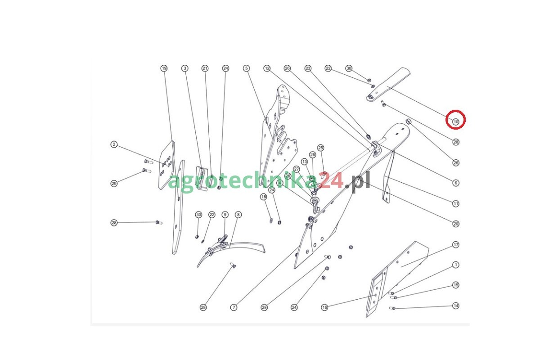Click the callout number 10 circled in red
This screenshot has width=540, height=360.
pos(455,122)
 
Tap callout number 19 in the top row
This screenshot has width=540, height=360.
pos(164,68)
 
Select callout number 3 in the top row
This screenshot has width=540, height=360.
pos(185,68)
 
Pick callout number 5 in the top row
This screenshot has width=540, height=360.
pos(247,68)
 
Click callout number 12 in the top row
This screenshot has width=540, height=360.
pos(267,68)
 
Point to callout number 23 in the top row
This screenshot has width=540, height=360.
pos(308,68)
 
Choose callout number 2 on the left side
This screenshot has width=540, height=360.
pos(114,144)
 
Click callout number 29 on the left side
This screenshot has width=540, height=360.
pos(114,184)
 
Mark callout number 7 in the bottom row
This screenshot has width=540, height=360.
pos(234,307)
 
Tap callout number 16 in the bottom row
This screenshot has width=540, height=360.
pos(325,307)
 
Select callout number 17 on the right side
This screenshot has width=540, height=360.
pos(455,245)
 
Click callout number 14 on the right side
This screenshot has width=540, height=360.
pos(455,306)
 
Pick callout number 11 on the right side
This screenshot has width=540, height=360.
pos(455,204)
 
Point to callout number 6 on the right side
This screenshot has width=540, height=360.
pos(455,183)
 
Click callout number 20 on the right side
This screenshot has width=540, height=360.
pos(455,224)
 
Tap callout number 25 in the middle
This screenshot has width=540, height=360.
pos(320,148)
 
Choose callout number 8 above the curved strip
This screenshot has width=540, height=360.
pos(238,215)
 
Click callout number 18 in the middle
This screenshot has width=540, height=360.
pos(264,197)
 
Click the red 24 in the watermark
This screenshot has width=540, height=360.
pos(331,180)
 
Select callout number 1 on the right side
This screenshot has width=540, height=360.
pos(455,265)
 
